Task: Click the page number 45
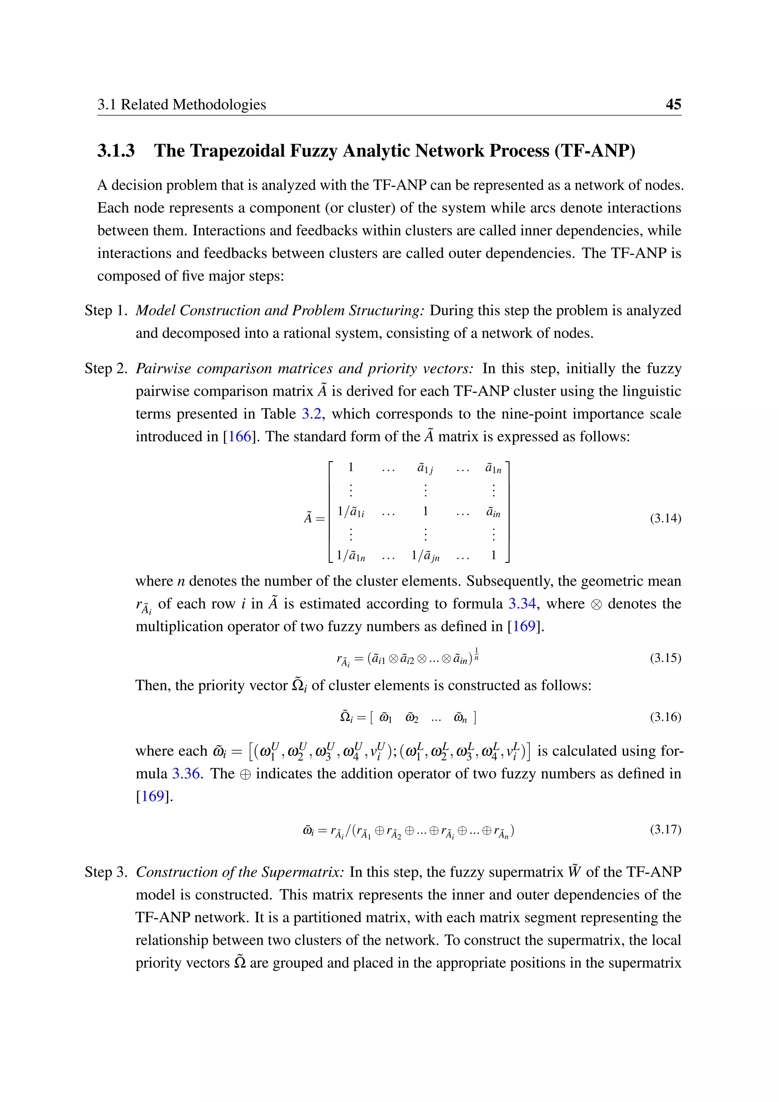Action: (x=673, y=104)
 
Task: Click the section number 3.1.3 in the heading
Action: (x=116, y=151)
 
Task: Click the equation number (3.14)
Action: (x=665, y=518)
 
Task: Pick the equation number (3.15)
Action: (x=665, y=658)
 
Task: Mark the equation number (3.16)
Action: (x=665, y=717)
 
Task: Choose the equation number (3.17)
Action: (x=665, y=830)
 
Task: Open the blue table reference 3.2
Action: (x=311, y=414)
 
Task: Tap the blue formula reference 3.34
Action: (x=521, y=604)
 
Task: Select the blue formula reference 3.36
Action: (x=186, y=774)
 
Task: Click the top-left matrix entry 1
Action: (x=351, y=467)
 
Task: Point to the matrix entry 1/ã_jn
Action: (x=426, y=556)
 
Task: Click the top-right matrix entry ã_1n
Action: (x=493, y=468)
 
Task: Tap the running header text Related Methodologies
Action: (x=193, y=104)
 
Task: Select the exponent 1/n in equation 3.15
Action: (x=476, y=654)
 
